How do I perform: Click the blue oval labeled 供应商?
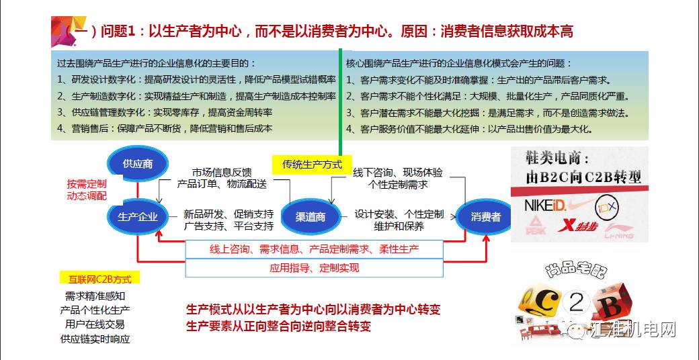point(137,163)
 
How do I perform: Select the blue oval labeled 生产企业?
point(137,216)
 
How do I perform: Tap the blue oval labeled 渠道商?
point(311,216)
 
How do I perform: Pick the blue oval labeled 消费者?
point(485,216)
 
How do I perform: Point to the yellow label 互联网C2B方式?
point(95,278)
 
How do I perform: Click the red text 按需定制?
point(86,183)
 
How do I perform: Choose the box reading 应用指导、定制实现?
point(314,267)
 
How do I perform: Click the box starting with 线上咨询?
point(314,249)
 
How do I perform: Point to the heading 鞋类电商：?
point(557,159)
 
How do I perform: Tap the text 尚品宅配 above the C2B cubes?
point(576,270)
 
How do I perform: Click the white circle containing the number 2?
point(577,304)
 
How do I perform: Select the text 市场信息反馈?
point(222,171)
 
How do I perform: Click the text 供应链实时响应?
point(95,339)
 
